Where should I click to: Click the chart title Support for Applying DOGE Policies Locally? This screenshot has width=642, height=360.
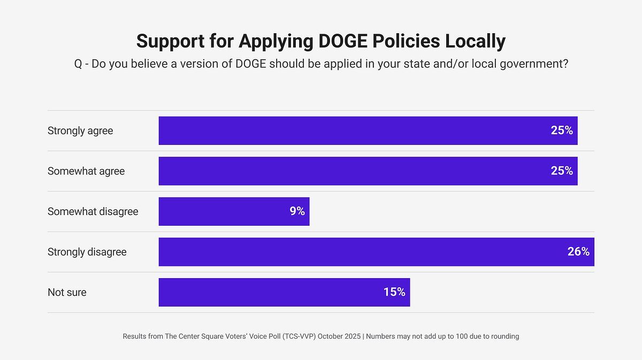[x=320, y=41]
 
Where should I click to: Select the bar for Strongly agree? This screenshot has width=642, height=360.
[x=353, y=131]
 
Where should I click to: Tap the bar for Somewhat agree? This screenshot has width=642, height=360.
[x=353, y=171]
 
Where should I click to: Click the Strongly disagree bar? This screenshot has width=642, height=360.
[x=364, y=252]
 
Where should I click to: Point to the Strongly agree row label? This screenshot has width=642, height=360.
[x=80, y=131]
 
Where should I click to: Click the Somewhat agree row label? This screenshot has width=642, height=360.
[x=86, y=171]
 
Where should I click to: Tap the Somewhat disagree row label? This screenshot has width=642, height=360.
[x=93, y=212]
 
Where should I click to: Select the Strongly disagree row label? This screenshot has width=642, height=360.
[x=87, y=252]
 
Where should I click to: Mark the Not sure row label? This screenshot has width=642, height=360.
[x=67, y=293]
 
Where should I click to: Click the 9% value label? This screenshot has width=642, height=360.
[x=297, y=211]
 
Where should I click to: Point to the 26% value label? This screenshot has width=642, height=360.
[x=578, y=251]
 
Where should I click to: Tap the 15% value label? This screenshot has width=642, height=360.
[x=394, y=292]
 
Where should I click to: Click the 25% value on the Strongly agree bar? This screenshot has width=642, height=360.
[x=562, y=131]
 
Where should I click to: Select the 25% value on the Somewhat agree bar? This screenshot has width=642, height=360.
[x=562, y=171]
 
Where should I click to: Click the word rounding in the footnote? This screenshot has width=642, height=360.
[x=503, y=336]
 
